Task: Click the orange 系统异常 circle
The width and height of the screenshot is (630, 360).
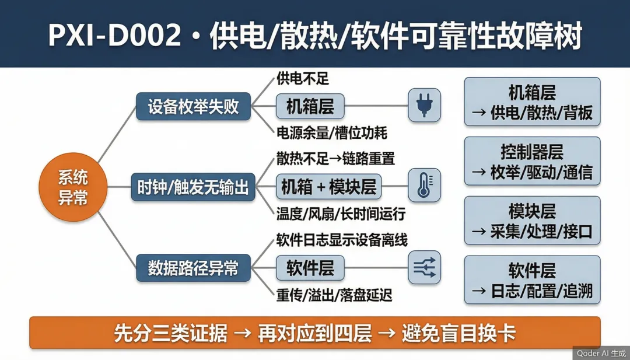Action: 73,187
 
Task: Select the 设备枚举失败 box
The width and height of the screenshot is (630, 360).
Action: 193,106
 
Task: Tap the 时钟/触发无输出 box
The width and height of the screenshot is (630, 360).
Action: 193,187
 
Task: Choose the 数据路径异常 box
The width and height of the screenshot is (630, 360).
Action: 193,268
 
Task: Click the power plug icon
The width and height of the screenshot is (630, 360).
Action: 424,105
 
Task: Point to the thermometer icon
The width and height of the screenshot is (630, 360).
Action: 424,185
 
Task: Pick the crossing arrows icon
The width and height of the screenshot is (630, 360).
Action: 424,267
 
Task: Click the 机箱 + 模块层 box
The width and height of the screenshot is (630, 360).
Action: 328,187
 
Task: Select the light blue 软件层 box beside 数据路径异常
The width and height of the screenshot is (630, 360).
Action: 310,268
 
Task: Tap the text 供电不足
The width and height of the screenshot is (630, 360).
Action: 303,79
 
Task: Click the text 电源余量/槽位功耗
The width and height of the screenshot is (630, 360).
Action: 332,133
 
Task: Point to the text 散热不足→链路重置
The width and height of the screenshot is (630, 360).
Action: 335,159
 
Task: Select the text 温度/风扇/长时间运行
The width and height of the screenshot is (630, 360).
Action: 341,214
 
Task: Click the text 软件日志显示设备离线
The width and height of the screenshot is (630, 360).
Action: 341,240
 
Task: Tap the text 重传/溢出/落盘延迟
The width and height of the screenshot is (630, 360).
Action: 334,296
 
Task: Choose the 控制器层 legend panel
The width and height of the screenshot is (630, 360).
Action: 533,161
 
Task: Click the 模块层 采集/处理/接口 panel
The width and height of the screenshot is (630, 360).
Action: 533,221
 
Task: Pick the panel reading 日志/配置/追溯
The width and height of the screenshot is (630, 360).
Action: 533,279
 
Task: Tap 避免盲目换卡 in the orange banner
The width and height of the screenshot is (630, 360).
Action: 459,334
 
